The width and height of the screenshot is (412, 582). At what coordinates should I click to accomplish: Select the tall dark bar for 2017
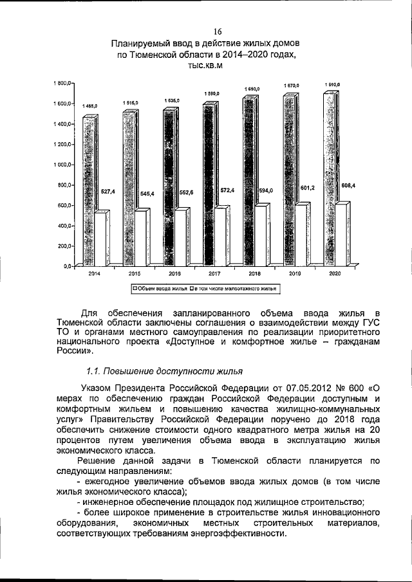[210, 186]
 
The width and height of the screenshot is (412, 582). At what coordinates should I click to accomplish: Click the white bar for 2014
[102, 238]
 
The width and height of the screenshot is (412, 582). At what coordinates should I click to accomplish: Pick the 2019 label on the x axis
[295, 273]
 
